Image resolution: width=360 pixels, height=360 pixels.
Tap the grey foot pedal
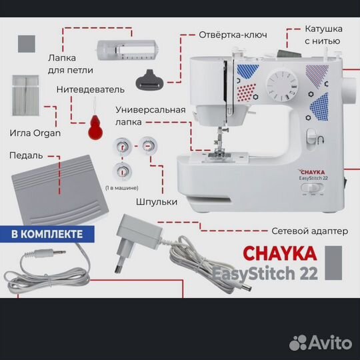click(60, 190)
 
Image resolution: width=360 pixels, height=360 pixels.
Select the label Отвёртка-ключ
click(233, 35)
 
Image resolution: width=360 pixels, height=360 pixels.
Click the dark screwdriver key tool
click(149, 80)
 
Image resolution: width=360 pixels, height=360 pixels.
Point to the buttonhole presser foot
click(127, 50)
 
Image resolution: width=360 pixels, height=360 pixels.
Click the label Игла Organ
click(35, 133)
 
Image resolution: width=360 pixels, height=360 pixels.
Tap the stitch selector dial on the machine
click(282, 85)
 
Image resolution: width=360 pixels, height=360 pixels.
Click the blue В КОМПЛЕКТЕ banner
click(47, 234)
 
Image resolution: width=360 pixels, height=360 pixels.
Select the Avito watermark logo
click(321, 343)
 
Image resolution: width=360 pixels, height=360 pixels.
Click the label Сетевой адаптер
click(310, 231)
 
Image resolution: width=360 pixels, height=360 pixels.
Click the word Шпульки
click(157, 202)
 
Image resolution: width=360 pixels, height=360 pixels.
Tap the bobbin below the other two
click(122, 171)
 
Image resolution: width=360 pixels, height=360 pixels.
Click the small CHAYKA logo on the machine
click(311, 172)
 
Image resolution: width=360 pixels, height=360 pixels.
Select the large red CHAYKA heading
click(280, 253)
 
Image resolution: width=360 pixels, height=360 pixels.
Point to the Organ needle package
click(25, 95)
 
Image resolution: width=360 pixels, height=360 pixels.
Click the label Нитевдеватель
click(91, 89)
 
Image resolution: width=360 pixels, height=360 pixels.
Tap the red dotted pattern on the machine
click(247, 92)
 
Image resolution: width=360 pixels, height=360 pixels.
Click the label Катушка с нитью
click(323, 35)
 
